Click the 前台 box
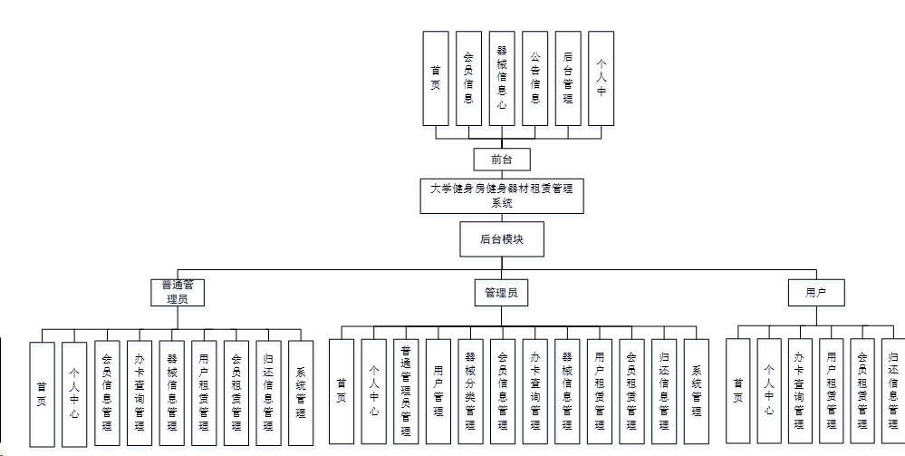pyautogui.click(x=501, y=160)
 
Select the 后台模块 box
pyautogui.click(x=501, y=239)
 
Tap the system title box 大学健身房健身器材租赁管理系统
pyautogui.click(x=501, y=196)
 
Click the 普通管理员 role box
pyautogui.click(x=178, y=292)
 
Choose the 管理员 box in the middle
pyautogui.click(x=501, y=293)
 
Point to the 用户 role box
pyautogui.click(x=817, y=293)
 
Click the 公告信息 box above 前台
pyautogui.click(x=534, y=79)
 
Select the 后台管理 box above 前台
pyautogui.click(x=568, y=79)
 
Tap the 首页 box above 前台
pyautogui.click(x=436, y=79)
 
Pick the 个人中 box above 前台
pyautogui.click(x=601, y=79)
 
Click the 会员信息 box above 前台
pyautogui.click(x=468, y=79)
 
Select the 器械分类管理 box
pyautogui.click(x=469, y=392)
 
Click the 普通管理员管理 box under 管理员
pyautogui.click(x=405, y=392)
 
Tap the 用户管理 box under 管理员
pyautogui.click(x=438, y=392)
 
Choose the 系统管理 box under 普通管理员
pyautogui.click(x=301, y=393)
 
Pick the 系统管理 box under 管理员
pyautogui.click(x=696, y=392)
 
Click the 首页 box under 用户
pyautogui.click(x=738, y=391)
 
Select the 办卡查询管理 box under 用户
pyautogui.click(x=799, y=391)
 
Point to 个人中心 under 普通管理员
pyautogui.click(x=74, y=393)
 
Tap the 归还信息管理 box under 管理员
pyautogui.click(x=664, y=392)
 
